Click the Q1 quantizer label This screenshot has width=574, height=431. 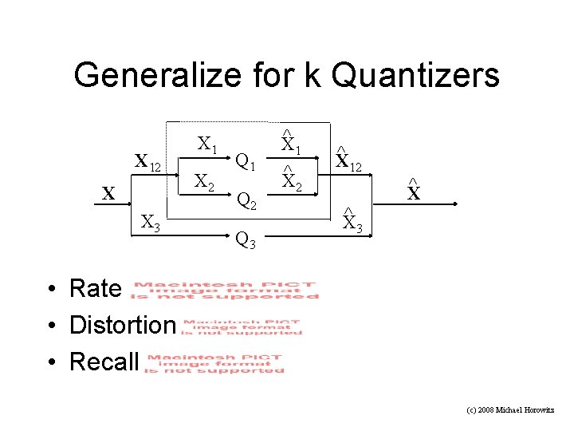click(245, 163)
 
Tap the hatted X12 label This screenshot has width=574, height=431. click(348, 162)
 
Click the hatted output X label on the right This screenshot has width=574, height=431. click(413, 194)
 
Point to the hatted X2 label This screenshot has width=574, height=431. click(290, 183)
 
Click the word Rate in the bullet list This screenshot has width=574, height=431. click(96, 288)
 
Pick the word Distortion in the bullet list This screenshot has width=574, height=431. click(122, 325)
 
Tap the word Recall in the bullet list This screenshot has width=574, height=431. click(104, 362)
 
